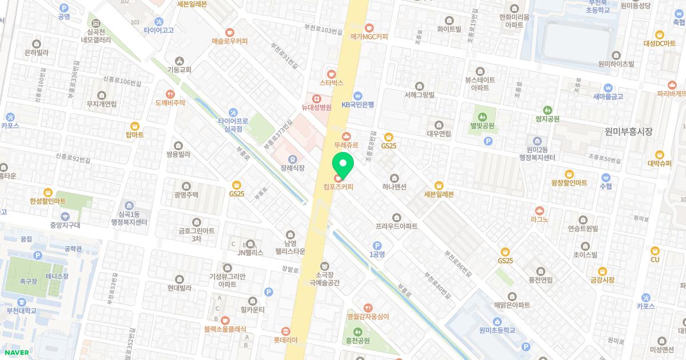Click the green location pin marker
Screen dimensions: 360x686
343,165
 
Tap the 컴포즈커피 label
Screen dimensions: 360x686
338,186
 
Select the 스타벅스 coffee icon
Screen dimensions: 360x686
332,73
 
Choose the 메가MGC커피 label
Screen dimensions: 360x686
369,37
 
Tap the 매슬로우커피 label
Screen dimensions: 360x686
229,41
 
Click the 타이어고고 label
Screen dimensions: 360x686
158,30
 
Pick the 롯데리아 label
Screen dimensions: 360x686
286,340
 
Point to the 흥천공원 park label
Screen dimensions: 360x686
358,341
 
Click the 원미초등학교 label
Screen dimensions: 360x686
497,330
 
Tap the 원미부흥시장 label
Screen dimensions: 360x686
628,131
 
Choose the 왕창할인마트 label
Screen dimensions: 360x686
569,183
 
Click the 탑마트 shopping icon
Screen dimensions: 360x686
135,126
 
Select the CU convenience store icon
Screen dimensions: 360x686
655,250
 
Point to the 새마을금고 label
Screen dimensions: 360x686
608,97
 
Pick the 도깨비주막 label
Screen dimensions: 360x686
170,103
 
